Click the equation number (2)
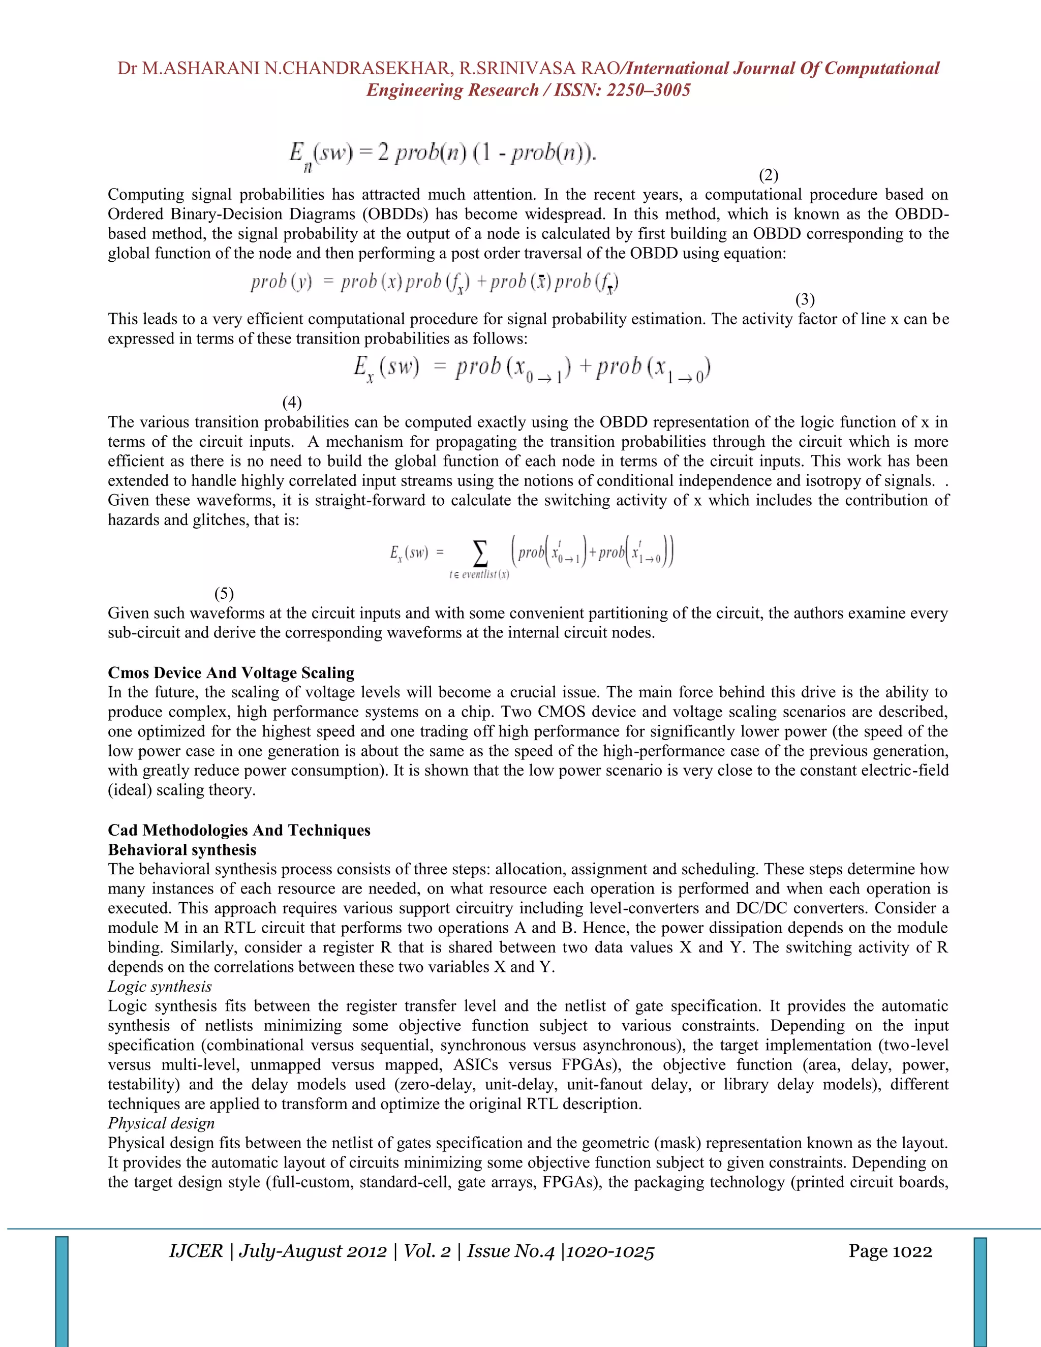click(769, 175)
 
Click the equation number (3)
click(805, 300)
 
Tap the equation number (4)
click(292, 403)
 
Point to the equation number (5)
click(224, 593)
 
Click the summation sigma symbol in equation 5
click(479, 553)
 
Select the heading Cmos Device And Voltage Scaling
click(231, 672)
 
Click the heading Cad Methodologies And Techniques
click(239, 830)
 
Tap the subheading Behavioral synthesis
click(182, 849)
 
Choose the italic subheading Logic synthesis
click(160, 986)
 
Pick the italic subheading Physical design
click(162, 1123)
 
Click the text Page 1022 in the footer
click(890, 1251)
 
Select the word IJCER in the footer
click(196, 1251)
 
